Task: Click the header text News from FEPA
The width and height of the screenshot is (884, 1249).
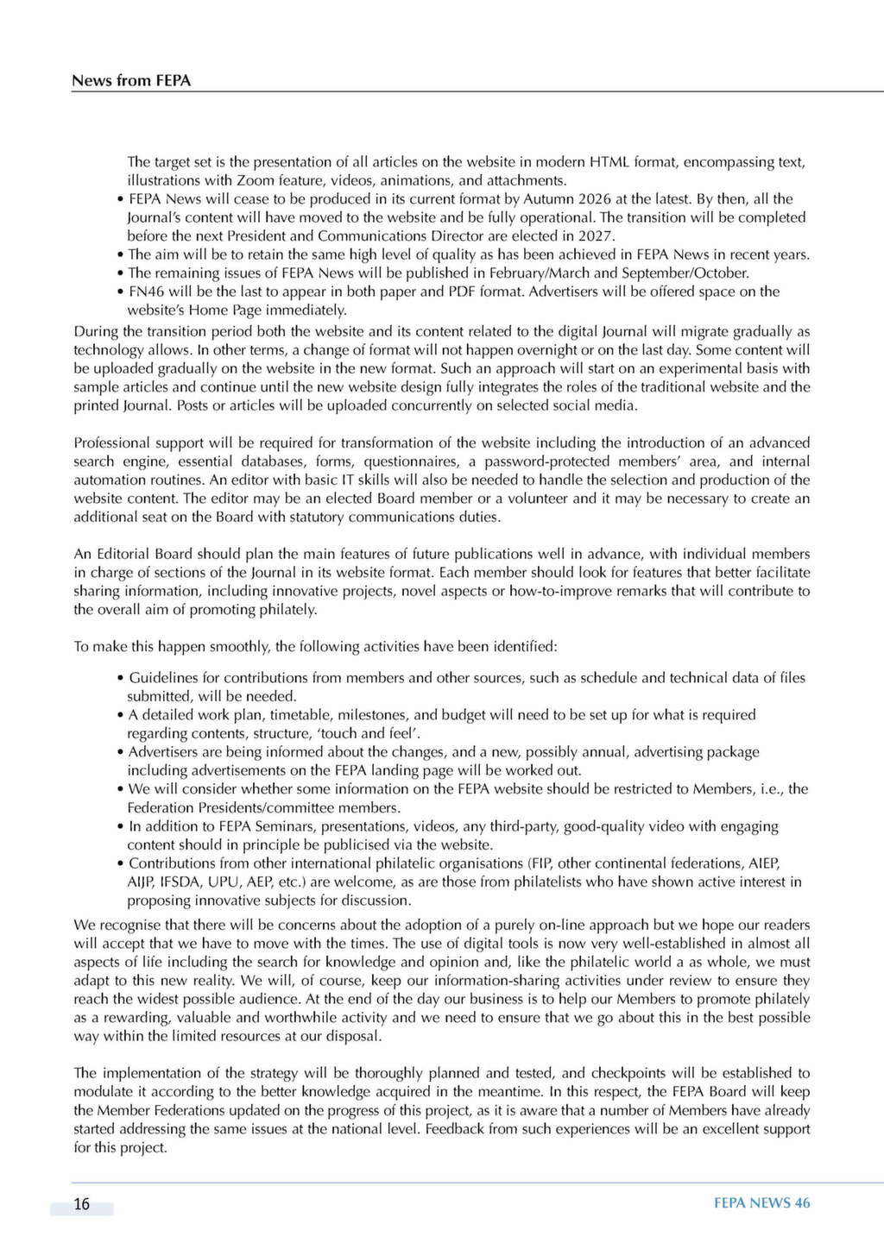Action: [x=131, y=81]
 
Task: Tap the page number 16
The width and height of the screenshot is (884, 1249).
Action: [x=81, y=1204]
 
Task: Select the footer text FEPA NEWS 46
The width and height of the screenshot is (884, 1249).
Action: [x=761, y=1203]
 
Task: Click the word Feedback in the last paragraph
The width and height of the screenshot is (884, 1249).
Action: [x=454, y=1129]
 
